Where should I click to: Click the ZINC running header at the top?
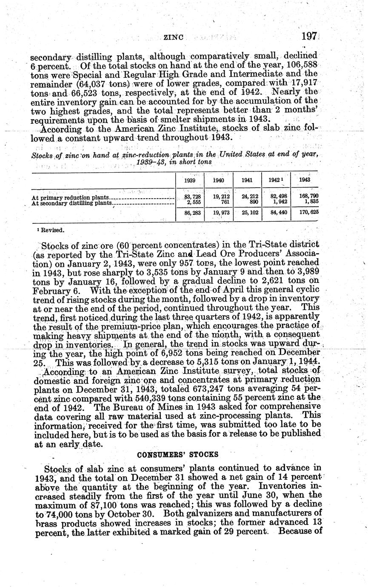(x=173, y=37)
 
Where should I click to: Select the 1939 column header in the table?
(x=190, y=180)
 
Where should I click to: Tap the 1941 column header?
(x=247, y=180)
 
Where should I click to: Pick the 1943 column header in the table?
(x=305, y=180)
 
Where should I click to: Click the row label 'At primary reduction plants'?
(x=71, y=197)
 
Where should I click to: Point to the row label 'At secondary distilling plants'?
(x=71, y=203)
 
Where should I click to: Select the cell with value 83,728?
(x=192, y=197)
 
